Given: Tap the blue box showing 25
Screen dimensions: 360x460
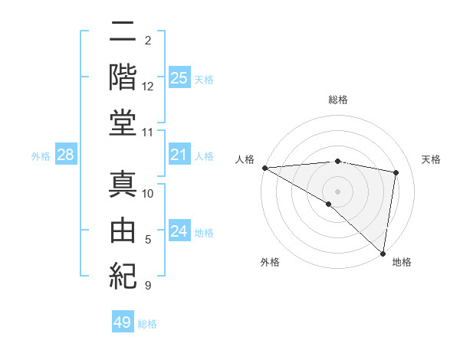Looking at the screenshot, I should pyautogui.click(x=179, y=77).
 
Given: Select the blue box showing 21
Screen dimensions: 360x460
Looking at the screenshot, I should pyautogui.click(x=179, y=155).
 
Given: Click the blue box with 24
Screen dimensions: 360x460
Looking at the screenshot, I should pyautogui.click(x=179, y=231).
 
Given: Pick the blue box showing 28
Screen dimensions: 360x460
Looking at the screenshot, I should pyautogui.click(x=66, y=155).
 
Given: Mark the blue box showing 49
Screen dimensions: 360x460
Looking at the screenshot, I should pyautogui.click(x=123, y=322).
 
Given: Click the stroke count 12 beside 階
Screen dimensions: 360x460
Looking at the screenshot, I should pyautogui.click(x=148, y=87).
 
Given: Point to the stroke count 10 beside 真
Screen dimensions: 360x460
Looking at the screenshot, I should pyautogui.click(x=148, y=195).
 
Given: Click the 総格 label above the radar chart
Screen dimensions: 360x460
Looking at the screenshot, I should pyautogui.click(x=337, y=100).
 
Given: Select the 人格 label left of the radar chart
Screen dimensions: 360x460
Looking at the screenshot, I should pyautogui.click(x=245, y=159).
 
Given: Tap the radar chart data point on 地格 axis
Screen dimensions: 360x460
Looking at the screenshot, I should pyautogui.click(x=383, y=253).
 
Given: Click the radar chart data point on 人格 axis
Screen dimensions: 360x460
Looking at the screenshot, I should pyautogui.click(x=264, y=168).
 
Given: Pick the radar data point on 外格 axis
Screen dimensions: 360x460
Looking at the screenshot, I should pyautogui.click(x=329, y=204).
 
